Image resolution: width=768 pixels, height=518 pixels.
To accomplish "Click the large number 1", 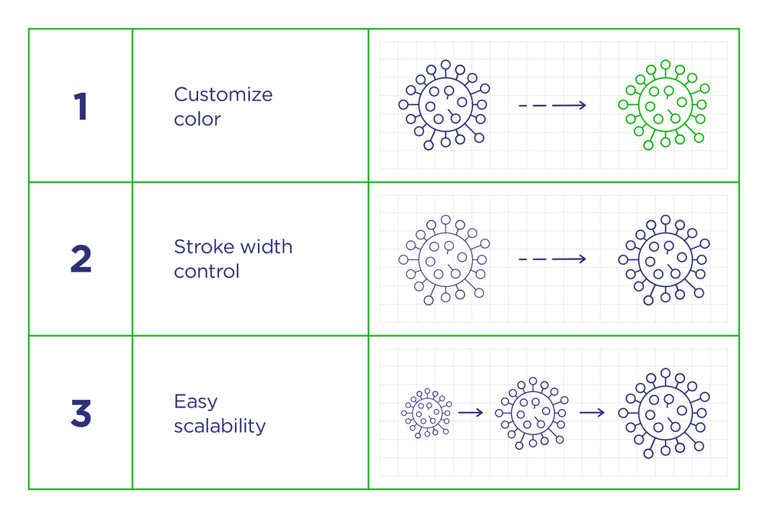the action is point(81,106).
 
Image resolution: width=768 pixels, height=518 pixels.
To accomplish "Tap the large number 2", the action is point(81,259).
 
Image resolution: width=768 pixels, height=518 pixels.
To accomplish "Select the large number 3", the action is point(81,413).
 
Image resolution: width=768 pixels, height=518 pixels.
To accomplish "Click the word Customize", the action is point(223,94).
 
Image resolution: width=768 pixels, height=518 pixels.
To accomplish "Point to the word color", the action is point(197,119).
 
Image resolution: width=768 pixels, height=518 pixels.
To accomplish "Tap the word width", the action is point(266,246).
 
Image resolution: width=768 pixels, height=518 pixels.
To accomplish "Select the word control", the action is point(207,271).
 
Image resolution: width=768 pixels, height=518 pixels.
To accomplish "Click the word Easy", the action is point(195,402).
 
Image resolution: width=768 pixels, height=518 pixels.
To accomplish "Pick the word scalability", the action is point(220,425).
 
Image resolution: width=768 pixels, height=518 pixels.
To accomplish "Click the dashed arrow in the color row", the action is point(552,105).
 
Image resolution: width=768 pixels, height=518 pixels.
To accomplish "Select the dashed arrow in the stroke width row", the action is point(552,259).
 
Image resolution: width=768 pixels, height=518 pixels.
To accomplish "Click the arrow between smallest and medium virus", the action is point(471,413).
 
